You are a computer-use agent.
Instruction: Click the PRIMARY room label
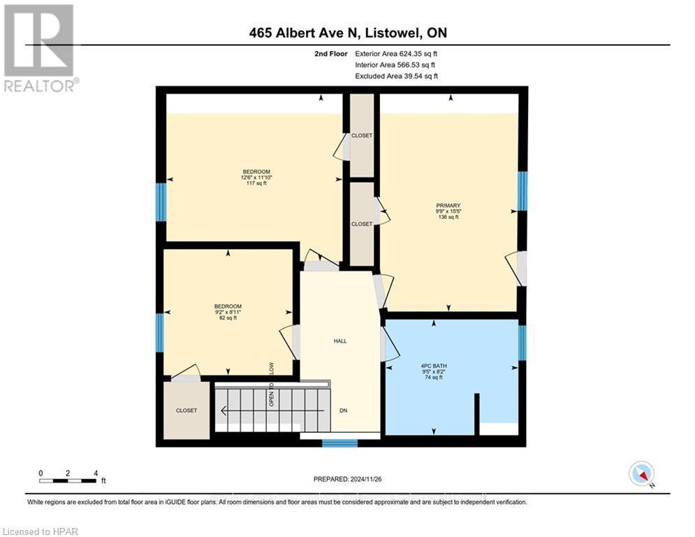point(448,206)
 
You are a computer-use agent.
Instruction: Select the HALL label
point(339,341)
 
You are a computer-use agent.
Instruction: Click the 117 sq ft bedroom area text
point(256,184)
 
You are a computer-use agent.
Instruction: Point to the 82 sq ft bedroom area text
point(228,318)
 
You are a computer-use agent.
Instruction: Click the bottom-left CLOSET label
point(186,410)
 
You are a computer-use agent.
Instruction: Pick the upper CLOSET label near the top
point(362,136)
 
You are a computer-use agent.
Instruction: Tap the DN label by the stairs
point(343,410)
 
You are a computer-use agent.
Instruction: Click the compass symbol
point(641,473)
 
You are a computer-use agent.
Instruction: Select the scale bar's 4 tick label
point(96,473)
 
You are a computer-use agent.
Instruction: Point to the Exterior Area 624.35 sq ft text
point(397,53)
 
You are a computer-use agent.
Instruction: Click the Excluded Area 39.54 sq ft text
point(397,76)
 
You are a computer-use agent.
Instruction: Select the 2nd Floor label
point(330,53)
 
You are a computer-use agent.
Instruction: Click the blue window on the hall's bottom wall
point(340,443)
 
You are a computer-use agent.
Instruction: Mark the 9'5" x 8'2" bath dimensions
point(434,371)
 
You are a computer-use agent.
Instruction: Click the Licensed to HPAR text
point(41,531)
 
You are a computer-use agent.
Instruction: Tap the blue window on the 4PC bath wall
point(522,343)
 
